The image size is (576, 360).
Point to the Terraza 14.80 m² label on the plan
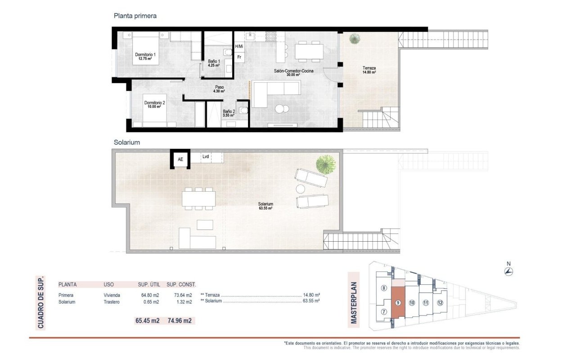[369, 70]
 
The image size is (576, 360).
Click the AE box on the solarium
[180, 159]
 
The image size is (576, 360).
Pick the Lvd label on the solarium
[206, 156]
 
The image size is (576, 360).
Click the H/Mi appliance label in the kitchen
[239, 46]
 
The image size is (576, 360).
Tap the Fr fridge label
[239, 57]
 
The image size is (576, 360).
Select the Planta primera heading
[135, 16]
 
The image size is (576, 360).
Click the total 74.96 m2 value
[180, 321]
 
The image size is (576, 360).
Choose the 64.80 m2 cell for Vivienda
[150, 295]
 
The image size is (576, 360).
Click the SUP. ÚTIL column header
[149, 284]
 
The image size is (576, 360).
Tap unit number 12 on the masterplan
[440, 303]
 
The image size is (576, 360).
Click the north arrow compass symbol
[508, 271]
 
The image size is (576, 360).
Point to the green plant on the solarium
[326, 165]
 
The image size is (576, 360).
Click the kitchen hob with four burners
[271, 36]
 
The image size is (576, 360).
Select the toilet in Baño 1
[228, 53]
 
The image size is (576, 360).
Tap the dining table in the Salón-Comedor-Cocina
[309, 52]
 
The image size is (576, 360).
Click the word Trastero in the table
[112, 302]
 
